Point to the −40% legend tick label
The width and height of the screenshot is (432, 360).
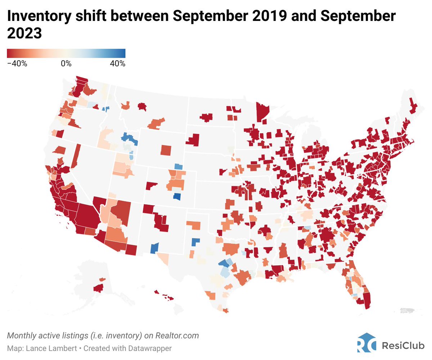(x=17, y=64)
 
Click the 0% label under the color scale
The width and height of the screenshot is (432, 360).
(x=66, y=64)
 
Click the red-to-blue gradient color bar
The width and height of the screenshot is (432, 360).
(x=66, y=53)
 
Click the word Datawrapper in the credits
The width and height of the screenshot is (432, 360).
(x=152, y=348)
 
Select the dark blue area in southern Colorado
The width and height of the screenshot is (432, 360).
(x=177, y=197)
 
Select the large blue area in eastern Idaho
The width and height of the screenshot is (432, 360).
(x=129, y=138)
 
